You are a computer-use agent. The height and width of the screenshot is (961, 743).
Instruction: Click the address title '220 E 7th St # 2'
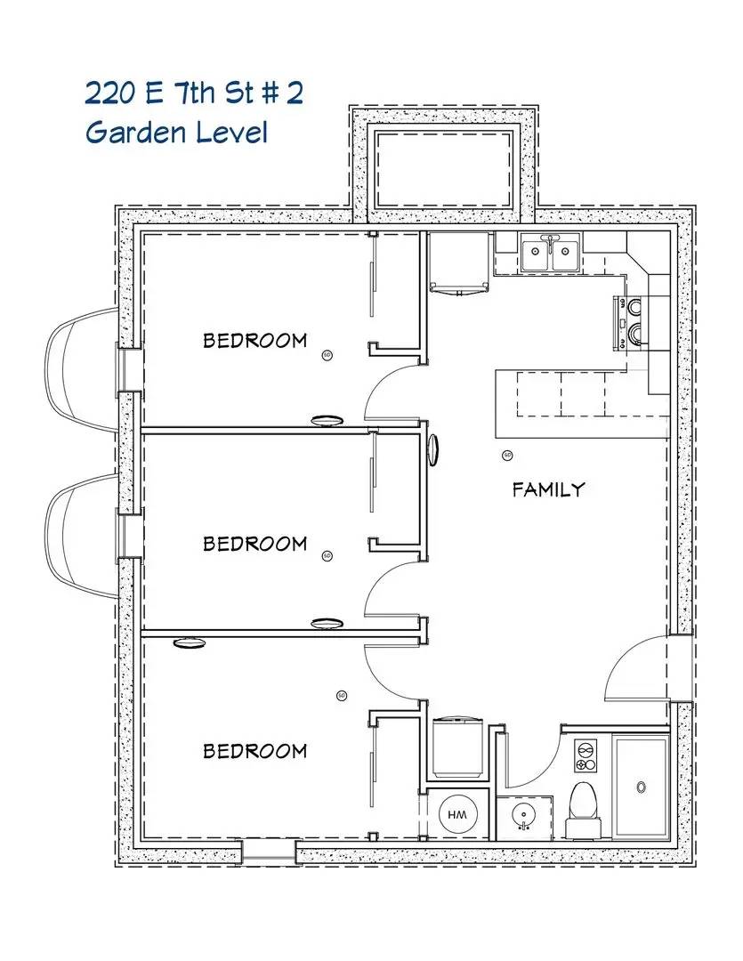pyautogui.click(x=194, y=93)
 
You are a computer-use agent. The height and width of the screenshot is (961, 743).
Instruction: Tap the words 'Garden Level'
pyautogui.click(x=176, y=133)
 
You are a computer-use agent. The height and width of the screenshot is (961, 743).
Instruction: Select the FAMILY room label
pyautogui.click(x=548, y=489)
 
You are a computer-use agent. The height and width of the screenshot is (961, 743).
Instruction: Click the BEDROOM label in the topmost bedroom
pyautogui.click(x=254, y=340)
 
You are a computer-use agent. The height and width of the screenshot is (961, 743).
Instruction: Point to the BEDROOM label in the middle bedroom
pyautogui.click(x=254, y=543)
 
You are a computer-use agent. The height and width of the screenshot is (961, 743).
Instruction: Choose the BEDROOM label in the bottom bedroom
pyautogui.click(x=254, y=750)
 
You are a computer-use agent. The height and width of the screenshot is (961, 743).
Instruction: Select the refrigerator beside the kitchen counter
pyautogui.click(x=458, y=263)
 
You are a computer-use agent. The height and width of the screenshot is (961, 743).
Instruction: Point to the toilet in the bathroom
pyautogui.click(x=585, y=805)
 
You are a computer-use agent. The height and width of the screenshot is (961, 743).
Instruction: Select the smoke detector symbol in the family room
pyautogui.click(x=507, y=456)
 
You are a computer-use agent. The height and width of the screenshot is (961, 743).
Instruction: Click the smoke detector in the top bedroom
pyautogui.click(x=327, y=354)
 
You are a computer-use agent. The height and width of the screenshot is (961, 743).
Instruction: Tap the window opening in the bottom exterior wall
pyautogui.click(x=269, y=852)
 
